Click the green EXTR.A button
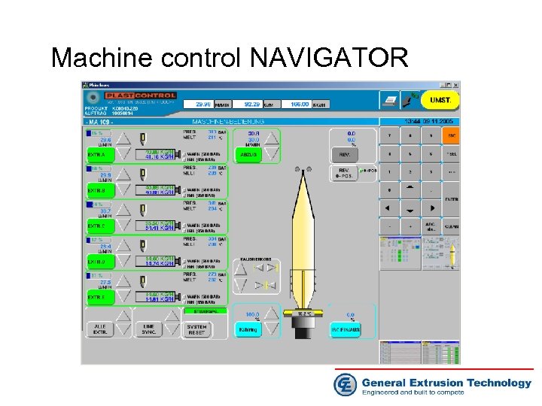pyautogui.click(x=97, y=154)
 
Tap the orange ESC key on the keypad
pyautogui.click(x=451, y=136)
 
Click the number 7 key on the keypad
pyautogui.click(x=389, y=136)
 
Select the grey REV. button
pyautogui.click(x=345, y=154)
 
